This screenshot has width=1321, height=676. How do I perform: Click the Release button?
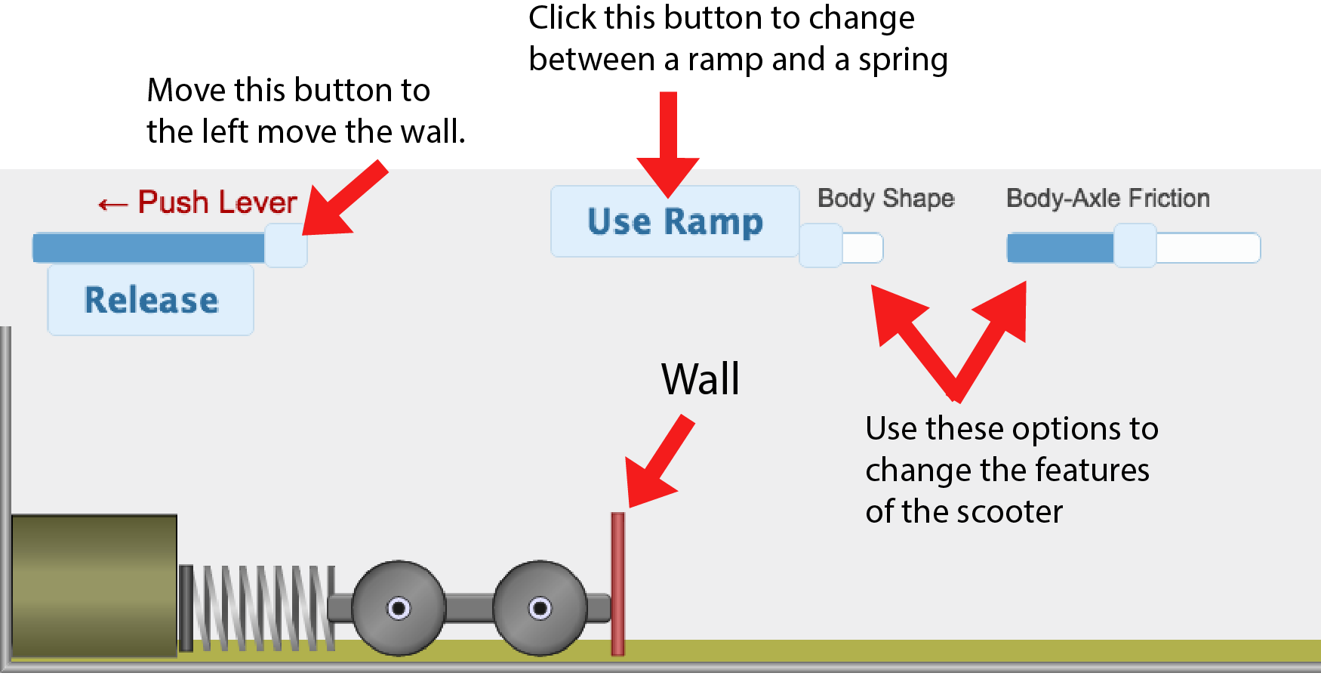pyautogui.click(x=151, y=300)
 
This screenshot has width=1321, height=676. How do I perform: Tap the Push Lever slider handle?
pyautogui.click(x=285, y=245)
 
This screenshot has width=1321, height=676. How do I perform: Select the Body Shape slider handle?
pyautogui.click(x=821, y=245)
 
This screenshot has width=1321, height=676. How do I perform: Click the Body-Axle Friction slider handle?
pyautogui.click(x=1135, y=245)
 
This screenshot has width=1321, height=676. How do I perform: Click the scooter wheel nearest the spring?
pyautogui.click(x=399, y=608)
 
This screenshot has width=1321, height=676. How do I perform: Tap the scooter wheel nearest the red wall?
pyautogui.click(x=540, y=608)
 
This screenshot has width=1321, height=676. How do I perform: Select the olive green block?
pyautogui.click(x=94, y=585)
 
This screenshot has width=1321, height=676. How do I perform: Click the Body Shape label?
pyautogui.click(x=886, y=198)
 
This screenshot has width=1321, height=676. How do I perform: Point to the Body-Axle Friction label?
pyautogui.click(x=1107, y=198)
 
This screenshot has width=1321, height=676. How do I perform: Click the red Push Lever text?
pyautogui.click(x=217, y=202)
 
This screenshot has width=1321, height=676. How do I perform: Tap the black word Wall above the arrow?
pyautogui.click(x=700, y=379)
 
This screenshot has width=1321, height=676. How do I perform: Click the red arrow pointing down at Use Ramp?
pyautogui.click(x=668, y=144)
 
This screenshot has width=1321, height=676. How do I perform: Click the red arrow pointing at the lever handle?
pyautogui.click(x=343, y=200)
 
